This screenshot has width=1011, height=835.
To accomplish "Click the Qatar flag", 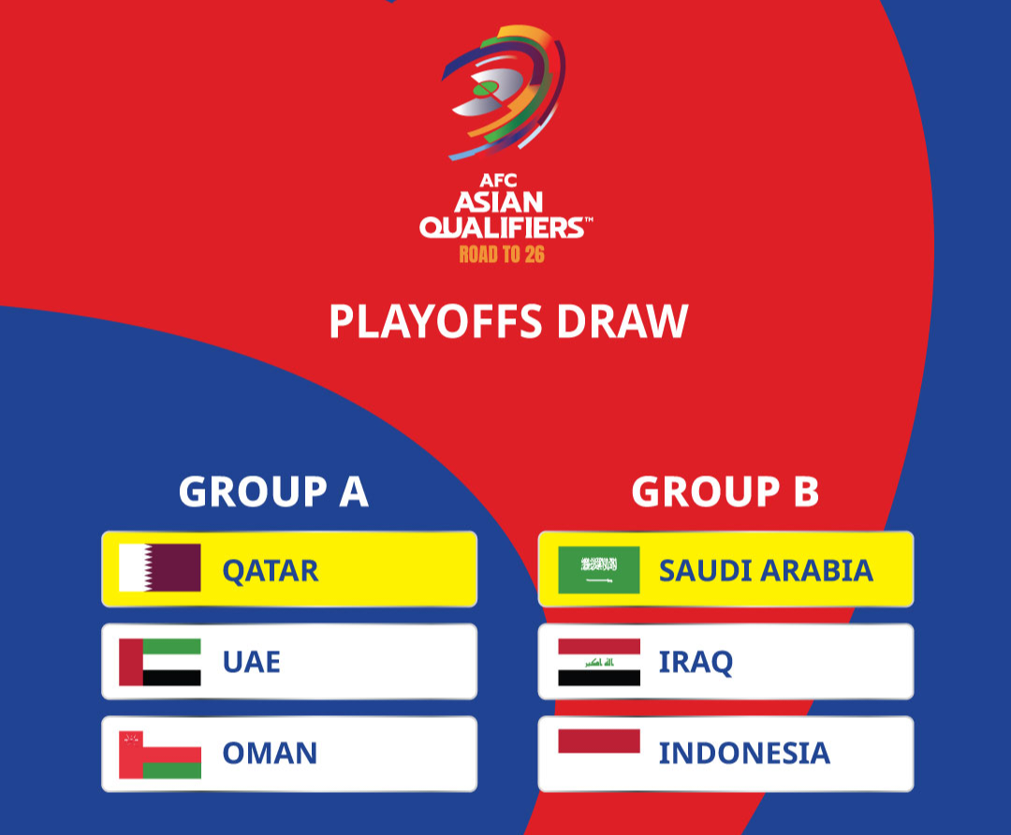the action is point(160,568).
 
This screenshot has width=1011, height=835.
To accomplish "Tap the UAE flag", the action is point(160,662).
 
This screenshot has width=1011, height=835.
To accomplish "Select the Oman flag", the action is point(160,754).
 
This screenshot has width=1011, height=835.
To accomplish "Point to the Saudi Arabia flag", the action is point(599,570).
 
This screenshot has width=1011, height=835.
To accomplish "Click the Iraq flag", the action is point(599,662).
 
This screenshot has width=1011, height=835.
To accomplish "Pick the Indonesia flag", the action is point(599,754).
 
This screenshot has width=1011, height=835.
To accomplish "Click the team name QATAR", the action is point(271,572).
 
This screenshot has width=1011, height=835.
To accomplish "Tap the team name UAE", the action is point(252,662).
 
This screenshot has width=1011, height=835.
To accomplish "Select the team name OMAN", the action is point(271,754).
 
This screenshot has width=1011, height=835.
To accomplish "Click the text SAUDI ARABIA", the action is point(766,571).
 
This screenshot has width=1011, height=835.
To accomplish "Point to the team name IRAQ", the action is point(696,663).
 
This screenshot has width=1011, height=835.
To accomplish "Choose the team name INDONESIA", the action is point(745,754).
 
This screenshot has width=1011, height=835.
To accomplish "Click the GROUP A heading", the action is point(273,492).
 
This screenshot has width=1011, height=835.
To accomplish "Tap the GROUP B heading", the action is point(725,492).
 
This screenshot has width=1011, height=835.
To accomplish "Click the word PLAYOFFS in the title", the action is point(436,321).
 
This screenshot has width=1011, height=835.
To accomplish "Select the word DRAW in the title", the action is point(623,321).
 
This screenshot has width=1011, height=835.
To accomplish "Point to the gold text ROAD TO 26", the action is point(502,255).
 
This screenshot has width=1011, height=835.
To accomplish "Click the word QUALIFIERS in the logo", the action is point(503,227).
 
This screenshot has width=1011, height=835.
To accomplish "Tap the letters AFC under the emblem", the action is point(498,180).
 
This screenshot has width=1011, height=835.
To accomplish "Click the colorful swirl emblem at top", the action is point(504,92).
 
